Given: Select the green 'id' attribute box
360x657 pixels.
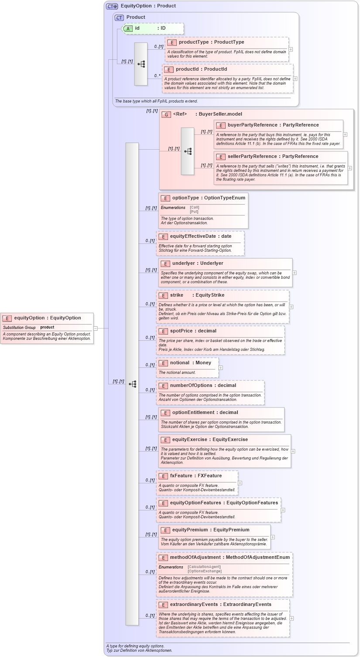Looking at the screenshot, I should point(152,28).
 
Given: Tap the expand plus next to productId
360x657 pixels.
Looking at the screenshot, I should point(295,79).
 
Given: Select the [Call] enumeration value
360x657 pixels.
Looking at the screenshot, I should point(195,208).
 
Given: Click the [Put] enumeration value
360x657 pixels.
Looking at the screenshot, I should point(194,212).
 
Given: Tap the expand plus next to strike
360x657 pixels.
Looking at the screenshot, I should point(291,307).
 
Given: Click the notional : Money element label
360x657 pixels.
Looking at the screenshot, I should point(190,363).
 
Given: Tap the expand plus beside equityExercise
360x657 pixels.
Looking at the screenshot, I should point(293,452).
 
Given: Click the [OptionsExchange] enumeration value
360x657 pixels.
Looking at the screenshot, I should point(204,571).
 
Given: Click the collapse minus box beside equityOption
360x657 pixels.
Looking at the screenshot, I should point(96,328).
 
